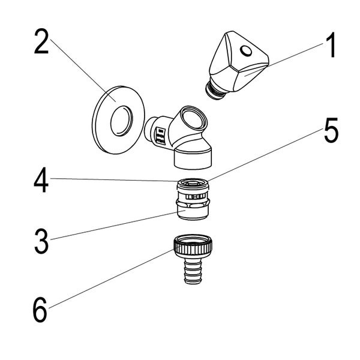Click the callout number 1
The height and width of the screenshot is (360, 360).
pos(331,45)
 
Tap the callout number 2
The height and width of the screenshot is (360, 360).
pos(41,42)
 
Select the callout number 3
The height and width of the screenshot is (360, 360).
pos(41,241)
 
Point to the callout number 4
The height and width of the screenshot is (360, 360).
pos(41,179)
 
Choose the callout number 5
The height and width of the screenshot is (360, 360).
pos(331,130)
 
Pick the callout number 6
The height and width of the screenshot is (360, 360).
pos(40,310)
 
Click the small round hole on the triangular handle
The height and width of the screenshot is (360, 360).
pos(246,50)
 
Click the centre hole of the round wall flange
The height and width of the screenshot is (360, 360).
pos(121,121)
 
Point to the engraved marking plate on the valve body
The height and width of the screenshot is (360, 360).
pos(160,136)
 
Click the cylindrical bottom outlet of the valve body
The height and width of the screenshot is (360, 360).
pos(193,158)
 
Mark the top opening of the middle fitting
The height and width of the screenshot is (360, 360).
pos(193,183)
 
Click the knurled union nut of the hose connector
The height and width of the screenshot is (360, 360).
pos(193,246)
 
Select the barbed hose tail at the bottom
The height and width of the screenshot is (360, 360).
pos(193,271)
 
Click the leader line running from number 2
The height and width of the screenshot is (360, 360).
pos(83,70)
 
